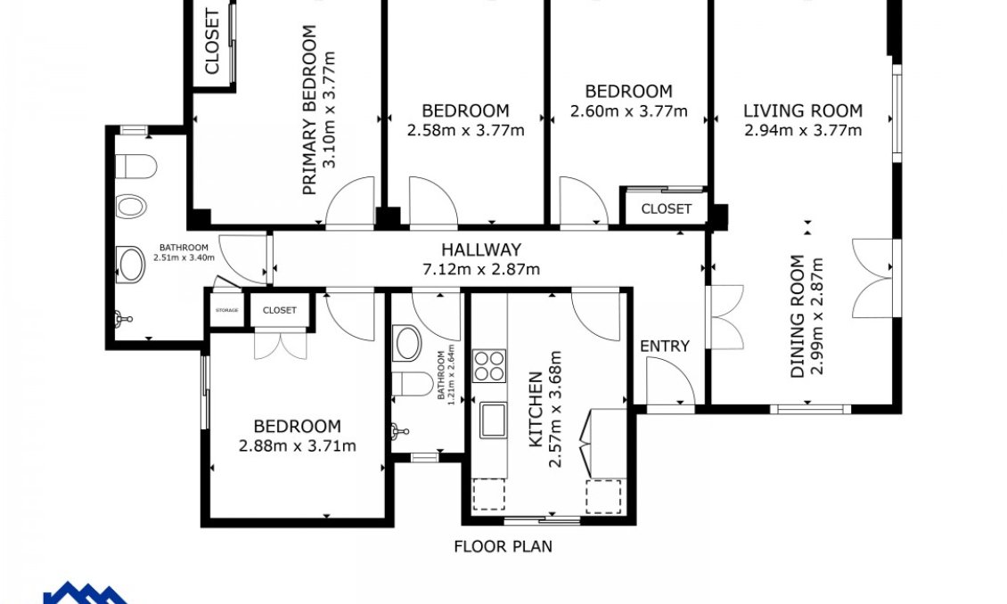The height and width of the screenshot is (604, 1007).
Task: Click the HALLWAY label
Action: (481, 250)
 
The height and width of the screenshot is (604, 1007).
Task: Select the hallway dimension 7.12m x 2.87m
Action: (481, 269)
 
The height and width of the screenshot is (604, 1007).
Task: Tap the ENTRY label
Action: (665, 346)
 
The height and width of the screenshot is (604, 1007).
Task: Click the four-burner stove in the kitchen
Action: (489, 366)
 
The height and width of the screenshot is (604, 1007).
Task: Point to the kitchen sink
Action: (492, 420)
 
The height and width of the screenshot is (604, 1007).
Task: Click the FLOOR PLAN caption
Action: (503, 546)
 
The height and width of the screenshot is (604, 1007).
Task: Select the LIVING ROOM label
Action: (803, 111)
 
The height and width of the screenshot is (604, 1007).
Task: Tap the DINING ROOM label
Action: (798, 316)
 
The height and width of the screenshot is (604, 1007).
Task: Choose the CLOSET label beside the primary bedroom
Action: (212, 42)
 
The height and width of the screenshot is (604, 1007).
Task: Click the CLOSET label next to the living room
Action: (666, 209)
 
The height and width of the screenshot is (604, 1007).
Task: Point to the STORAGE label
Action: (226, 310)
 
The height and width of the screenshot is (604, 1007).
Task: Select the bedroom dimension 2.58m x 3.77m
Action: (465, 130)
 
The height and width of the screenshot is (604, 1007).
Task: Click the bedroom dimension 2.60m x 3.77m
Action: (628, 111)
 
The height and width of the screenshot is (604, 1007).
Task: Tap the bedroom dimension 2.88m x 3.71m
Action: (297, 446)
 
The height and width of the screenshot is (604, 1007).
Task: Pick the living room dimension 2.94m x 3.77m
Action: (803, 131)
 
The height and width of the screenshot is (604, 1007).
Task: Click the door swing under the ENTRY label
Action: (671, 382)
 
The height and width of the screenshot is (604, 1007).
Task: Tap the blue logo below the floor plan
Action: (85, 593)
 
